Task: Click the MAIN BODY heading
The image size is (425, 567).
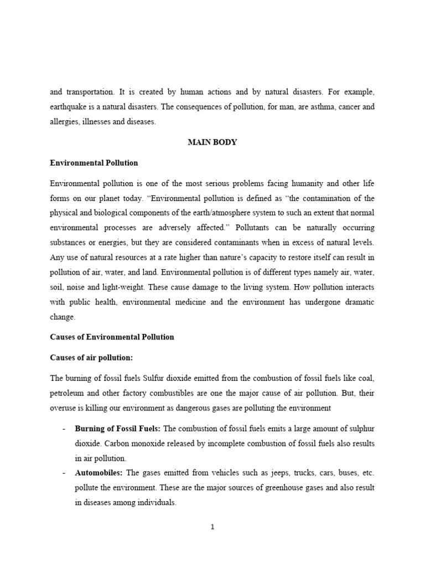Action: (x=212, y=142)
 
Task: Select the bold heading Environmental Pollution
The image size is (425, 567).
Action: (x=94, y=163)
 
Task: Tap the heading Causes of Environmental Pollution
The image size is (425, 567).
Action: (x=112, y=337)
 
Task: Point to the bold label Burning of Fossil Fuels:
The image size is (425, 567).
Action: (x=118, y=430)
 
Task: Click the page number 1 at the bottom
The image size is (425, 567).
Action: (x=212, y=527)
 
